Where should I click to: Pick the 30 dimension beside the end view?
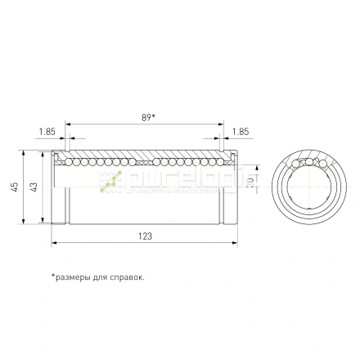(251, 180)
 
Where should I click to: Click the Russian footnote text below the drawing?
(98, 277)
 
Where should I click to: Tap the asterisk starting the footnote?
(53, 276)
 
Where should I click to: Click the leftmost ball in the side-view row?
(58, 162)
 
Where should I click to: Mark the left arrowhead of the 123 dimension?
(54, 243)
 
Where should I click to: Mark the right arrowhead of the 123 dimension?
(237, 243)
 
